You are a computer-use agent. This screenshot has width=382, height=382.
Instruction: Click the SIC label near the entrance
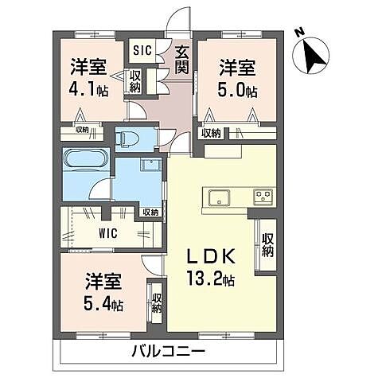click(142, 49)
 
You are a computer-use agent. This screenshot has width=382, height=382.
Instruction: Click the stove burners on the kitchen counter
click(263, 195)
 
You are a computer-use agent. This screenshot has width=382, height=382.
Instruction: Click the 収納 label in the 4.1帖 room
click(136, 81)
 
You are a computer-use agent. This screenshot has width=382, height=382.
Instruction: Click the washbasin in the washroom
click(149, 165)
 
